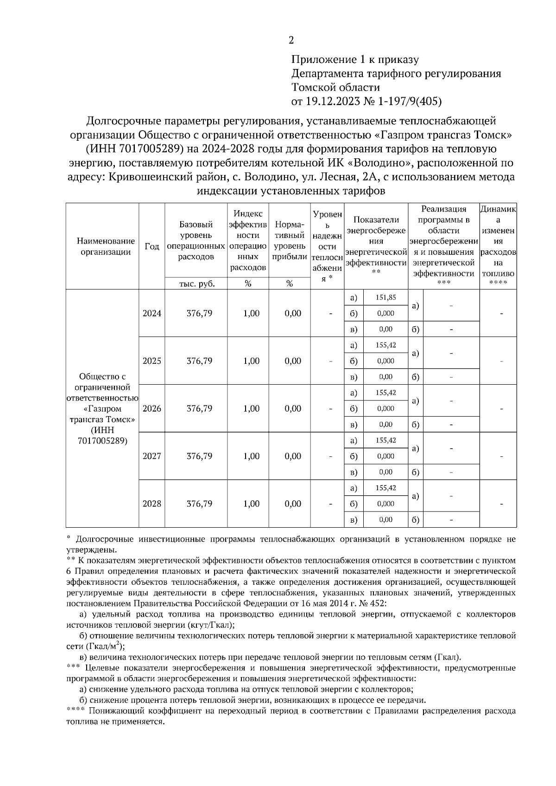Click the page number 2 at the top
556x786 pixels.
pos(291,40)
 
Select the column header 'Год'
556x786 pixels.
pos(152,246)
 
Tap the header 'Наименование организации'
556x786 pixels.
pos(106,246)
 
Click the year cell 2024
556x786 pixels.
pos(152,313)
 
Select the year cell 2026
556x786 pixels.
pos(152,408)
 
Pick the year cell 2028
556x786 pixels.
pos(152,504)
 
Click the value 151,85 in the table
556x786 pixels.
pos(385,298)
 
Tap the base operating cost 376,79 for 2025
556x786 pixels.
pos(200,361)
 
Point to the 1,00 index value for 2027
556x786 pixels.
pos(251,456)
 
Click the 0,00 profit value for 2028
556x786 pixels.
pos(293,504)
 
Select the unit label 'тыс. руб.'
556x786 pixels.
pos(197,284)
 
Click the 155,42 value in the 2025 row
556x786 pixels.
pos(385,345)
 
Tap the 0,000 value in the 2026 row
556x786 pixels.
pos(385,408)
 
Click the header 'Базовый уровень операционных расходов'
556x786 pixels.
pos(196,241)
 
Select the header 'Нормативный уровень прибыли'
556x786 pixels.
pos(290,241)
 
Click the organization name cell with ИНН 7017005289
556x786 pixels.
pos(102,408)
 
